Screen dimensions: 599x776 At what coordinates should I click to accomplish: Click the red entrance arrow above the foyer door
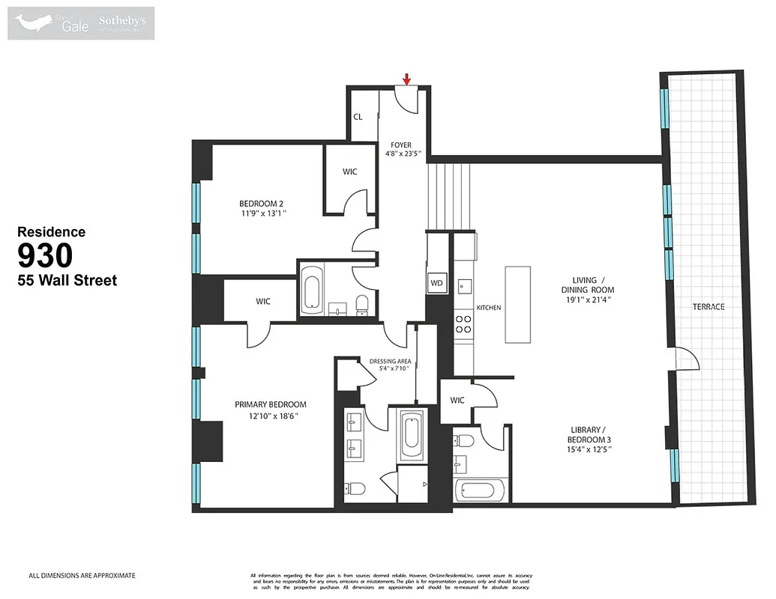pos(406,79)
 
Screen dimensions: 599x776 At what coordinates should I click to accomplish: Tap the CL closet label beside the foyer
pos(358,117)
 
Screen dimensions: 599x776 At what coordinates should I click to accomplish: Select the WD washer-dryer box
pos(436,283)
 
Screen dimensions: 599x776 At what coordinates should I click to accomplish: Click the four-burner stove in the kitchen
pos(464,323)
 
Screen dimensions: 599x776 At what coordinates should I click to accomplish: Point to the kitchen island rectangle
pos(517,302)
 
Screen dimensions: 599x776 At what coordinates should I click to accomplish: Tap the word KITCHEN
pos(488,308)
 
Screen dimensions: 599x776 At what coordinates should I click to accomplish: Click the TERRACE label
pos(709,307)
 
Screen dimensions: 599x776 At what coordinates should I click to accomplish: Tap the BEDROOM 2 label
pos(261,204)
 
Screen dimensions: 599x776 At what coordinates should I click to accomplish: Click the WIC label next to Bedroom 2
pos(349,172)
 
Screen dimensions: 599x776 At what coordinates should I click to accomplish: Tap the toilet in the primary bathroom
pos(355,490)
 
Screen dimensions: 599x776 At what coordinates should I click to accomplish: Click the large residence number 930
pos(45,256)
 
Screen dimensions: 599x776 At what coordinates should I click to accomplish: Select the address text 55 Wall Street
pos(67,281)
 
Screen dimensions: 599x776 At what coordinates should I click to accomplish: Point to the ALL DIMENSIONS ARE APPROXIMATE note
pos(82,576)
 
